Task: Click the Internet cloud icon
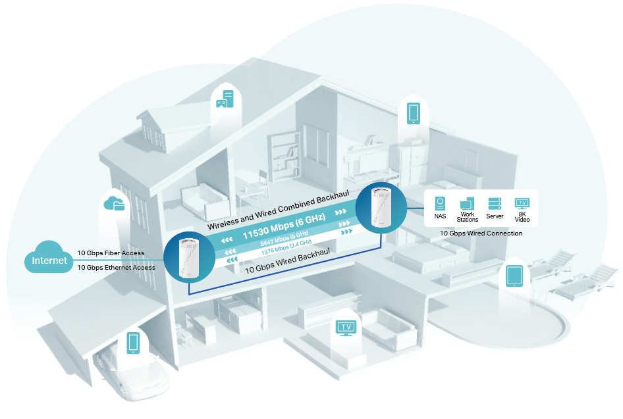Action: tap(49, 259)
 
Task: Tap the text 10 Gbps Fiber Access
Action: tap(111, 253)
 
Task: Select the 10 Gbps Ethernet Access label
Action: tap(116, 268)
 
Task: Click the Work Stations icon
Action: tap(468, 203)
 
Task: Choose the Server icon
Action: tap(495, 203)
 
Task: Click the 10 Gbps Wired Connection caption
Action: tap(481, 234)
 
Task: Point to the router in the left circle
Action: tap(188, 257)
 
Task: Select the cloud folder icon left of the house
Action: tap(115, 204)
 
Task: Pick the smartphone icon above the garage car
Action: tap(133, 343)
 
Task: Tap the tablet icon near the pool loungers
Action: tap(514, 277)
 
